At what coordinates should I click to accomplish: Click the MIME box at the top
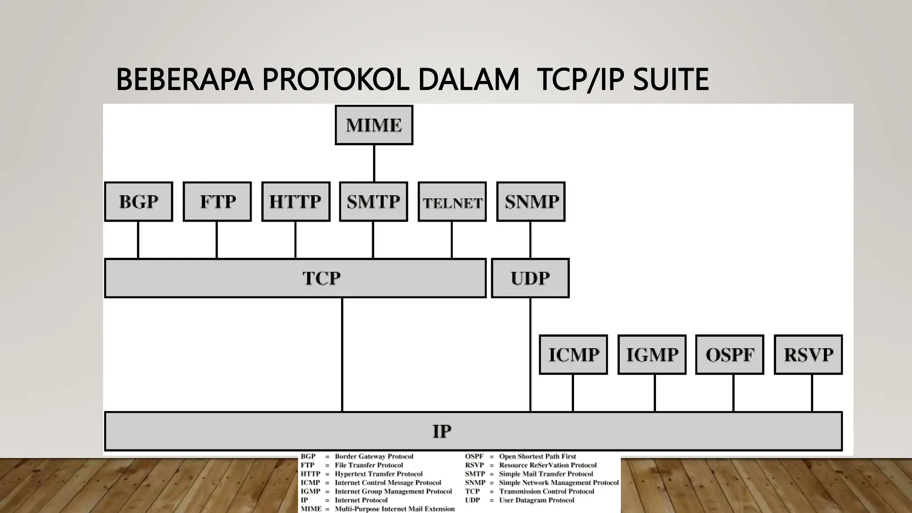374,125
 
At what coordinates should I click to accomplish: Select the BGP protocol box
138,202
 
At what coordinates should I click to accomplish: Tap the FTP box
217,202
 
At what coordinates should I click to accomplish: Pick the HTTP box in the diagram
296,202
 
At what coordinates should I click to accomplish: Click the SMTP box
374,202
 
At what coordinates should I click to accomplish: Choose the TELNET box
452,202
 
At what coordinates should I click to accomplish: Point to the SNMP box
531,202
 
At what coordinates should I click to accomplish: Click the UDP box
530,278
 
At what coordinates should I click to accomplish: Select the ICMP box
573,354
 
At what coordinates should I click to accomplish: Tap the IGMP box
652,354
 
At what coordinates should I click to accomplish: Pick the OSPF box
730,354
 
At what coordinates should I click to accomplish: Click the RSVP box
808,354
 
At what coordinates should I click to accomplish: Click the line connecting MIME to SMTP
374,163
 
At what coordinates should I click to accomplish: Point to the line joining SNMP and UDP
530,240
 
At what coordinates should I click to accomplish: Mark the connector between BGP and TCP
138,240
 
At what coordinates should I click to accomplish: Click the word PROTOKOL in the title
335,80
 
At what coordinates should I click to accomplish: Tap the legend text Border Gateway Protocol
374,456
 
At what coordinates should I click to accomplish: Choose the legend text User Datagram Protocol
537,500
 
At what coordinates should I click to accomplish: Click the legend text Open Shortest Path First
537,456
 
